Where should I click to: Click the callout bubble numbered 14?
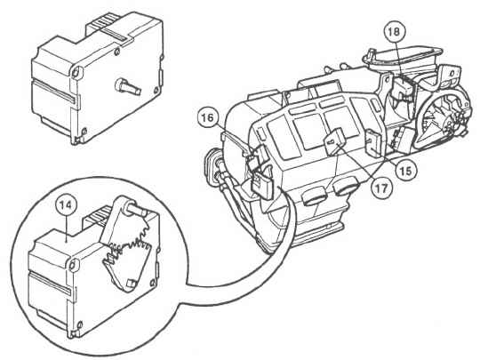point(67,204)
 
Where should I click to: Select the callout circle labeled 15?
point(406,170)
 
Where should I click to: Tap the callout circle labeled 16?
point(208,117)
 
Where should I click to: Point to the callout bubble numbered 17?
point(381,188)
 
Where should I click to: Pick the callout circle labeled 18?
point(395,31)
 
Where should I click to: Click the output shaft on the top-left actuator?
point(128,86)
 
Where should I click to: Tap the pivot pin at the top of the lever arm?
point(134,209)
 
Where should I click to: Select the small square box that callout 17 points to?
point(336,140)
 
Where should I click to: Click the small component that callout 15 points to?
point(374,143)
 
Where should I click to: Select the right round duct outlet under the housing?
point(348,187)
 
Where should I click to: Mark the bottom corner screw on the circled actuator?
point(80,324)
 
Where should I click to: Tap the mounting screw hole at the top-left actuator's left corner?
point(76,72)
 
